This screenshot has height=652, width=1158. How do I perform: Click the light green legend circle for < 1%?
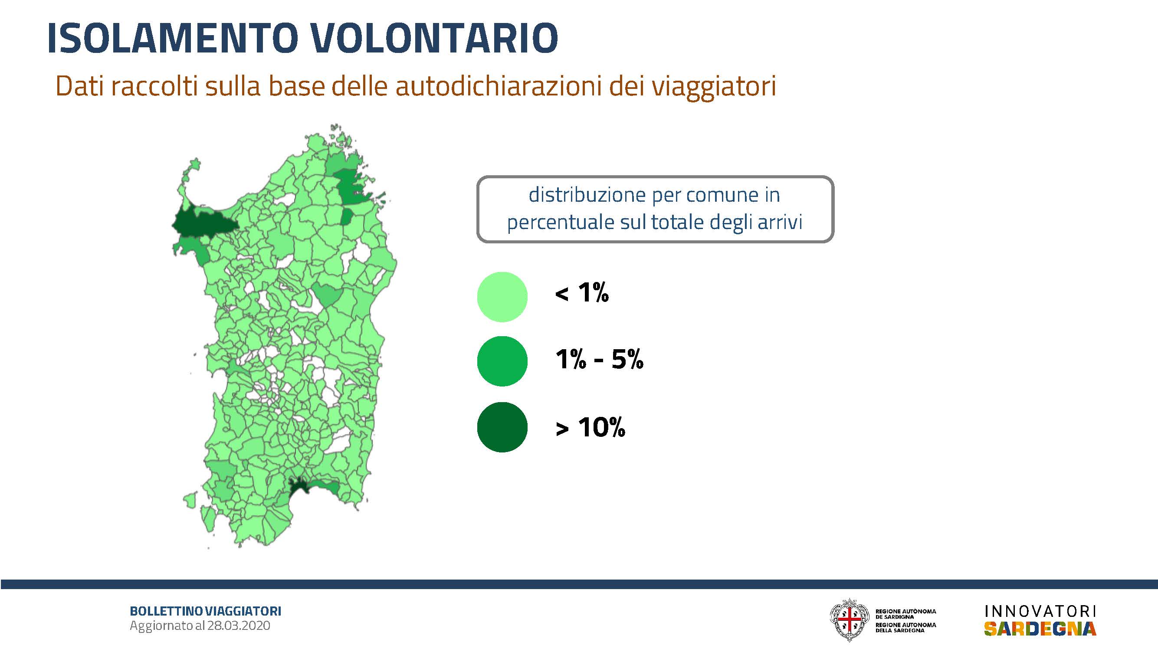pos(502,297)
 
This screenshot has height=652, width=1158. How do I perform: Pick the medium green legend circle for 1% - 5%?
pos(502,361)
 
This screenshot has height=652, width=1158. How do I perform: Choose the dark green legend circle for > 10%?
pos(502,427)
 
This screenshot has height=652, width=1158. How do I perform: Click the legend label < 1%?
pos(582,293)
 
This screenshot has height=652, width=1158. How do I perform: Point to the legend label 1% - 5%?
pos(600,360)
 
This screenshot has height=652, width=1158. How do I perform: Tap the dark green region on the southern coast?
pos(299,486)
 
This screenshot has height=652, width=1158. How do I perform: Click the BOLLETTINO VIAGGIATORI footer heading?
pos(205,611)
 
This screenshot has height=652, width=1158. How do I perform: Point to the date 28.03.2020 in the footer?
pos(239,626)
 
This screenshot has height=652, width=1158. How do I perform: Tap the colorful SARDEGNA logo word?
pos(1040,629)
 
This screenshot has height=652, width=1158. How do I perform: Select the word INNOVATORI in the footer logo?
pos(1040,611)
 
